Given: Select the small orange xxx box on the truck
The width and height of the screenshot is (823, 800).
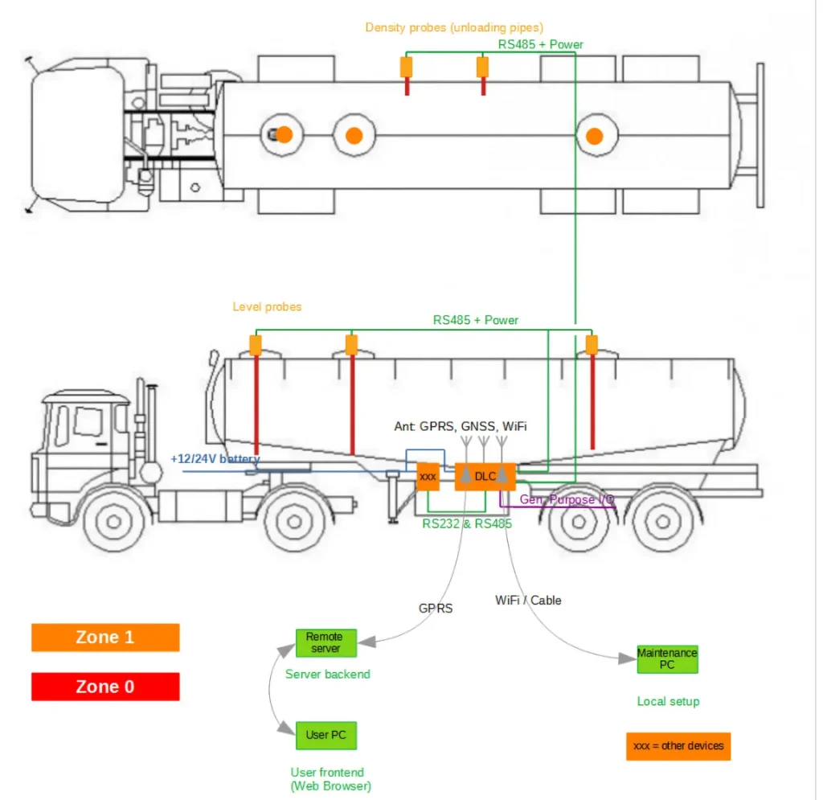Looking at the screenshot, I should [428, 477].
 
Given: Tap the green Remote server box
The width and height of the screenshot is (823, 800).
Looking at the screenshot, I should [325, 642].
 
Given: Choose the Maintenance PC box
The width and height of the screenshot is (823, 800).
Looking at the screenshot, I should [667, 658].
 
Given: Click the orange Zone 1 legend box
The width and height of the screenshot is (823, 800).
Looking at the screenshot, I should [105, 638].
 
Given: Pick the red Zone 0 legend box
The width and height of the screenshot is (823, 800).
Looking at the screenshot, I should [105, 687].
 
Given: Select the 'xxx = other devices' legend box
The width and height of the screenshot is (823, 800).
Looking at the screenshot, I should [678, 746].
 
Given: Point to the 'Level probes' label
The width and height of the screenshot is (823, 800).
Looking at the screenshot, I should [267, 306].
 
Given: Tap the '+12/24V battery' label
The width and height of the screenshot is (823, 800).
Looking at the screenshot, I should [215, 458].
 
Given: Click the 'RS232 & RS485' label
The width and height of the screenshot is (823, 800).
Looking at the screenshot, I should [467, 523].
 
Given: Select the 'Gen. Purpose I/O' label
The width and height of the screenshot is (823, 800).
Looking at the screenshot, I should [567, 499].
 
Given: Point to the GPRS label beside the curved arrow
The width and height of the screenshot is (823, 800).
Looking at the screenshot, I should [436, 608].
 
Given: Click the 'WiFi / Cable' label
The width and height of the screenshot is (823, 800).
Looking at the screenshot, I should [528, 600].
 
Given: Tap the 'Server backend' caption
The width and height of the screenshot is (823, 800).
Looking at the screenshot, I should [327, 674].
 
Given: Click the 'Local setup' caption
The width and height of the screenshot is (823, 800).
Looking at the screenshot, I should [668, 701].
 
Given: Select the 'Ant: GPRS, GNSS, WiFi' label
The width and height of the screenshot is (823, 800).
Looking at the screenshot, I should [461, 425].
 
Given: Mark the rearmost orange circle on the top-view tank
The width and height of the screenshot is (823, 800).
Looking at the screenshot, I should [594, 136].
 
